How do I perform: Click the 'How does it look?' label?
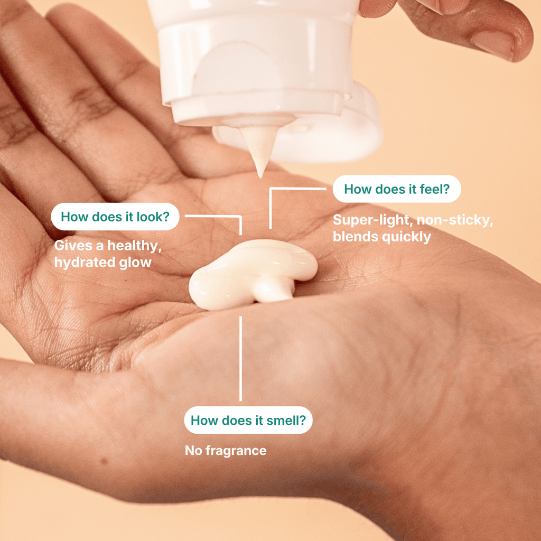pyautogui.click(x=115, y=217)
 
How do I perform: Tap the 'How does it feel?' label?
pyautogui.click(x=397, y=189)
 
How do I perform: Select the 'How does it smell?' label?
pyautogui.click(x=248, y=420)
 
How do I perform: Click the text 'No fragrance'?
pyautogui.click(x=226, y=450)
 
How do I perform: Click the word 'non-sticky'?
pyautogui.click(x=455, y=220)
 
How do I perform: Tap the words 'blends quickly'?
pyautogui.click(x=382, y=237)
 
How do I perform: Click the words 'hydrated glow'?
pyautogui.click(x=103, y=263)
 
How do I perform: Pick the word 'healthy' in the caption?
pyautogui.click(x=135, y=246)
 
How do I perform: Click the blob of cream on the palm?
pyautogui.click(x=253, y=274)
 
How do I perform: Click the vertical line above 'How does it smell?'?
pyautogui.click(x=240, y=359)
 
